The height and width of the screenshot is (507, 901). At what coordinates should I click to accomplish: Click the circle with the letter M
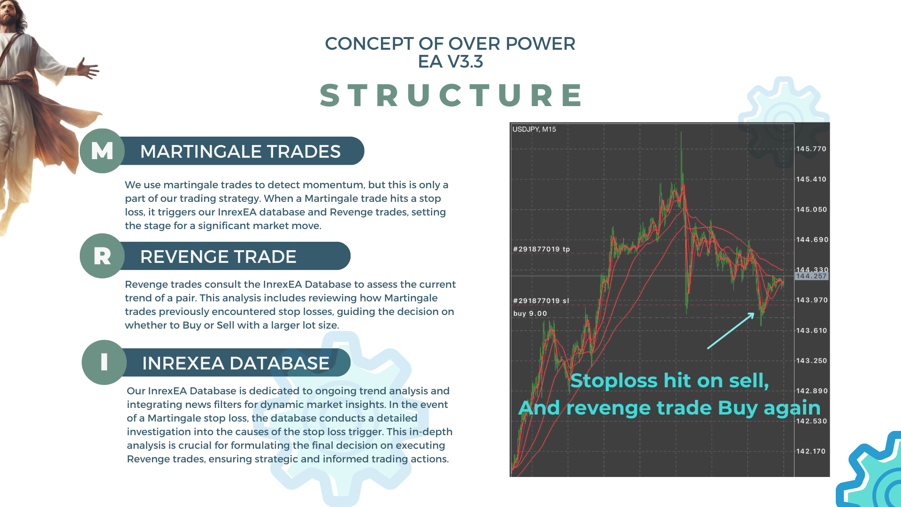pyautogui.click(x=102, y=151)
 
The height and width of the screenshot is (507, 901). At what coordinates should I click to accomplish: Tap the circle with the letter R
pyautogui.click(x=102, y=256)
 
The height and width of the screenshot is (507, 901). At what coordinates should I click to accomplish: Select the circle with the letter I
pyautogui.click(x=104, y=362)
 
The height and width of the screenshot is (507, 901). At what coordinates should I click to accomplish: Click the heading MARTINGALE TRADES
pyautogui.click(x=240, y=152)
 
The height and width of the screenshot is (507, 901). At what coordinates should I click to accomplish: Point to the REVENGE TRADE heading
pyautogui.click(x=218, y=257)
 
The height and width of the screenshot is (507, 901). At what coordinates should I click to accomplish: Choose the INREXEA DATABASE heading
pyautogui.click(x=236, y=363)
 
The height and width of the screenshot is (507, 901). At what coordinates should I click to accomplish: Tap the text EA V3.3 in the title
pyautogui.click(x=450, y=61)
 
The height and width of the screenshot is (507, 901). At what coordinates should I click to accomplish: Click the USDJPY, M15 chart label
pyautogui.click(x=534, y=129)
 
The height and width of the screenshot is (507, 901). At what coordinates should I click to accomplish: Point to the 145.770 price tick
pyautogui.click(x=811, y=149)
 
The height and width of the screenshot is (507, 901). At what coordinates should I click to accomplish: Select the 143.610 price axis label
pyautogui.click(x=811, y=330)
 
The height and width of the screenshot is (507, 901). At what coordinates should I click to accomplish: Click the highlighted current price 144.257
pyautogui.click(x=811, y=276)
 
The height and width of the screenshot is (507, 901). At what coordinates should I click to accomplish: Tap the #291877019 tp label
pyautogui.click(x=542, y=249)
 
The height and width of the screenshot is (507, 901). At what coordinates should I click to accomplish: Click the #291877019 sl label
pyautogui.click(x=541, y=301)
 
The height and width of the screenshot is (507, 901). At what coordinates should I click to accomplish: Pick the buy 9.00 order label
pyautogui.click(x=530, y=314)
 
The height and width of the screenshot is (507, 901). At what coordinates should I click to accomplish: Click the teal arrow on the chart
pyautogui.click(x=731, y=331)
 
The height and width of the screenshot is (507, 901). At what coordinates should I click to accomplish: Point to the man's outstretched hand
pyautogui.click(x=88, y=69)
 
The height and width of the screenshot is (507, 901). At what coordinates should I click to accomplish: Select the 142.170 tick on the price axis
pyautogui.click(x=811, y=451)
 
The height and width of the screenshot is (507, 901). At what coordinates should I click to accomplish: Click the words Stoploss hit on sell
pyautogui.click(x=670, y=381)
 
